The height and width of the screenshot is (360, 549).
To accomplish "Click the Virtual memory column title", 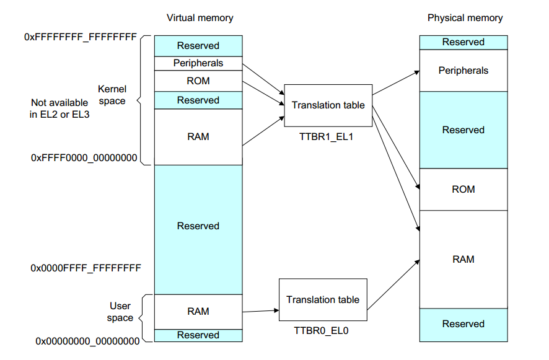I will [200, 18].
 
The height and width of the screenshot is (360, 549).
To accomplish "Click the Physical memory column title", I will [465, 18].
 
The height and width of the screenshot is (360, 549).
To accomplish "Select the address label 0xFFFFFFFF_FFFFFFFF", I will [81, 37].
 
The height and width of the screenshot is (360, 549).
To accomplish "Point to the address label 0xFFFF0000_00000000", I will [84, 158].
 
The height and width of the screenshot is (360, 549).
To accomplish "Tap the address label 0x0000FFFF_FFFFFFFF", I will [86, 268].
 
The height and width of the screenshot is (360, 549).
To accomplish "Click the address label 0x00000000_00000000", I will [87, 341].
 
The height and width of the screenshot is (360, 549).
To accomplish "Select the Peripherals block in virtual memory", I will [198, 63].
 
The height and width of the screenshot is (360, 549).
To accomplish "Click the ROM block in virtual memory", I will [198, 81].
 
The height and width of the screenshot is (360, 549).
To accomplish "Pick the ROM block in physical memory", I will [463, 189].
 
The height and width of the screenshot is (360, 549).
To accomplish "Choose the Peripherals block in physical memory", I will [463, 71].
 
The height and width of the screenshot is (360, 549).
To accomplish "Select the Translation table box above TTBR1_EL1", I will [328, 105].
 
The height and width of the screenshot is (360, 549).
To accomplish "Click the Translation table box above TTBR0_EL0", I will [323, 300].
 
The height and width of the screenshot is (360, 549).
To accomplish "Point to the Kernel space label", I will [112, 95].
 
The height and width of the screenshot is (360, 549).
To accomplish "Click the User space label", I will [120, 312].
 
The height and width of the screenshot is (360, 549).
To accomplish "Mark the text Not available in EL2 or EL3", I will [60, 108].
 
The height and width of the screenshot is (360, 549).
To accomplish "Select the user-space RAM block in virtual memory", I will [198, 312].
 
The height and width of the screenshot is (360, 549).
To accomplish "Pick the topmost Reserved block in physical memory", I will [463, 42].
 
